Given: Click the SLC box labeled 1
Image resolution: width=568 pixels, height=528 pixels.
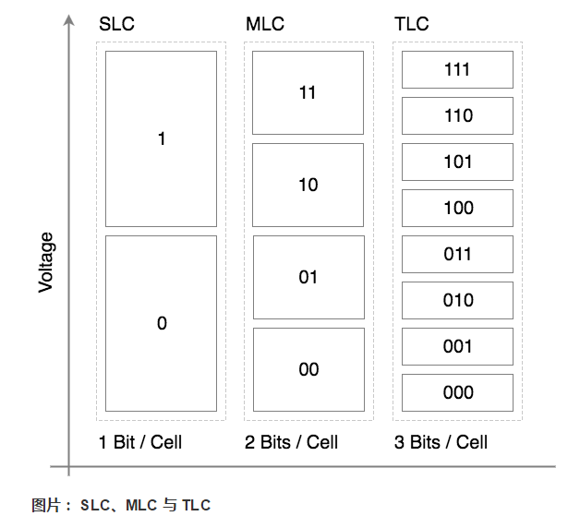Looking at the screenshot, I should pos(162,139).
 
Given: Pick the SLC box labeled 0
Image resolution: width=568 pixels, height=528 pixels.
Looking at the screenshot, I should pos(162,323).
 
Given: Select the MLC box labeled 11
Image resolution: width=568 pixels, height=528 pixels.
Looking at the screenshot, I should pos(308,93).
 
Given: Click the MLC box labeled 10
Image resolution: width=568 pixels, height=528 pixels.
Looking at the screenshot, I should pos(308,186).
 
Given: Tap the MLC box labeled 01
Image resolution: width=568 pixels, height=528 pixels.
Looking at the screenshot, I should pos(308,277).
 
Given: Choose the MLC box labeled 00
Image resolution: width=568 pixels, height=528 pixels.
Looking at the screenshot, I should pos(308,369).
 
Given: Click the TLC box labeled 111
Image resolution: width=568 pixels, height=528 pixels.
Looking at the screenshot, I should pos(457,70).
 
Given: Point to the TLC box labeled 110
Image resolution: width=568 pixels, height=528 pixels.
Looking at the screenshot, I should pos(457,116).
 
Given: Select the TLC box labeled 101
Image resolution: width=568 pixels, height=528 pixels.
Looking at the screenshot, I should pos(457,162).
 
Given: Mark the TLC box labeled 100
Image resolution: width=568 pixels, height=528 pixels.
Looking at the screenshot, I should pos(457,209).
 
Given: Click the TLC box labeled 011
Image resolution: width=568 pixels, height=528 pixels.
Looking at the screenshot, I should pos(457,255).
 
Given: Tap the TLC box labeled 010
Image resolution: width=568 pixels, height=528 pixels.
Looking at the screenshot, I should pos(457,301).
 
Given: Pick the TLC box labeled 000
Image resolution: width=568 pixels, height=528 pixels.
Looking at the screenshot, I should pos(457,393).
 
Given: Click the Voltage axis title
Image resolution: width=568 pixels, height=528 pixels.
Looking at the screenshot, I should pos(46,262).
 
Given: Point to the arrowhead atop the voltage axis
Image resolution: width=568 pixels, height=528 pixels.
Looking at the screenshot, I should pos(69,21).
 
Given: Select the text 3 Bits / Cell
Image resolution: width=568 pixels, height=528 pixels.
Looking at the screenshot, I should pos(441,442).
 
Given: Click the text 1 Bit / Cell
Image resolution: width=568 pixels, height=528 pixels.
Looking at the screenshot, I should pos(140,442).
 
